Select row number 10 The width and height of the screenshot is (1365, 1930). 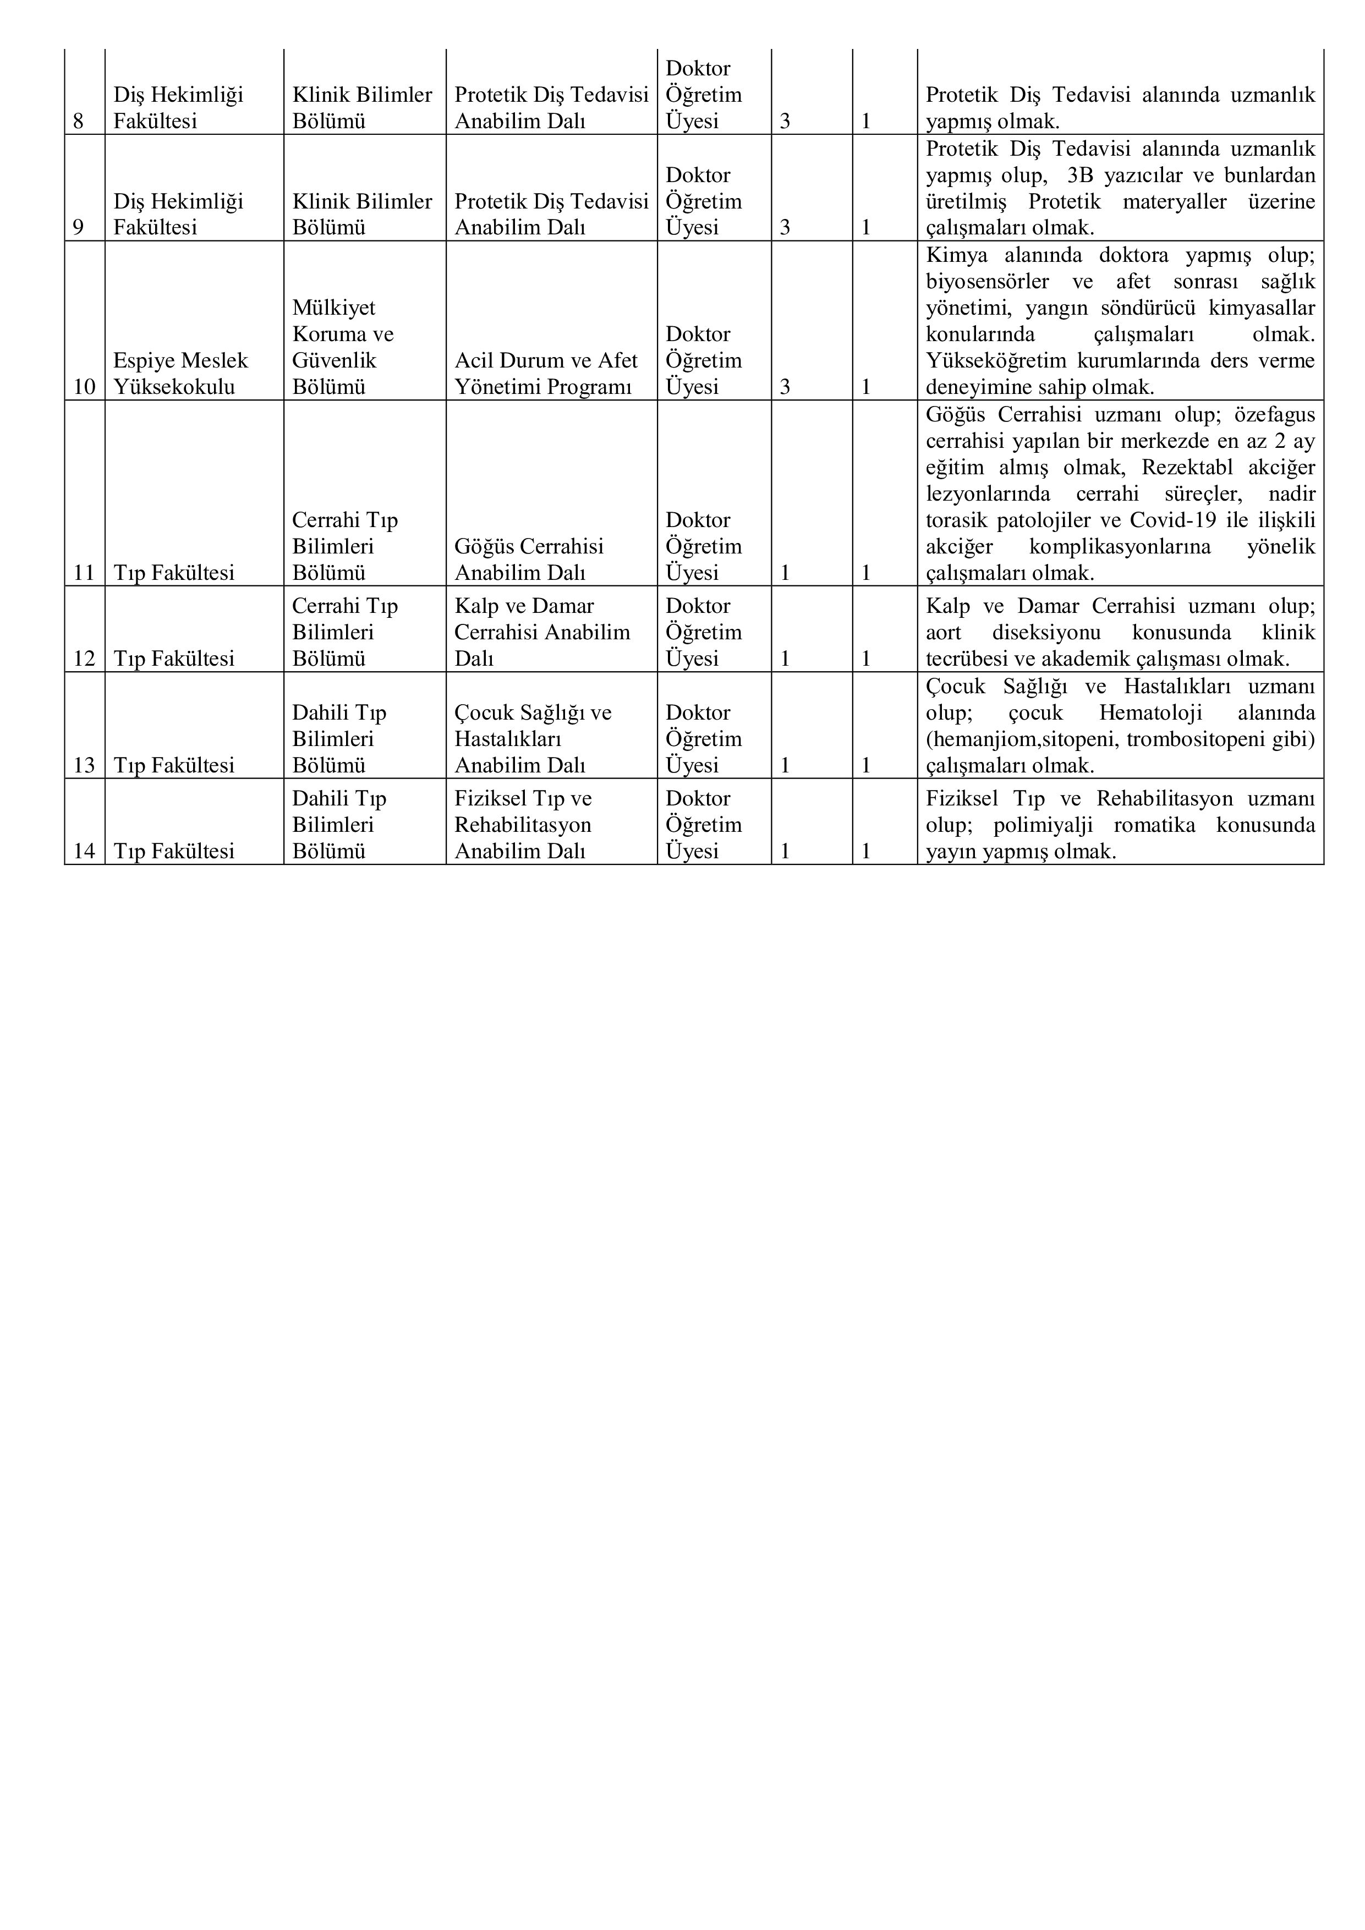pos(84,387)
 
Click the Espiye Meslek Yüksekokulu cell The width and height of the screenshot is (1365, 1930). pos(180,373)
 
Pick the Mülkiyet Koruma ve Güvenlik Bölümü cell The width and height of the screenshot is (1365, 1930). pos(343,347)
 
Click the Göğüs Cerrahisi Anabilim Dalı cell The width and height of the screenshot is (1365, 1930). pos(529,559)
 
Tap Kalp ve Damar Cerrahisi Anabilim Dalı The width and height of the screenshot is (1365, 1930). pos(542,632)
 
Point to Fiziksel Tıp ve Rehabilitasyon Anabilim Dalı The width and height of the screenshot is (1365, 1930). pos(523,825)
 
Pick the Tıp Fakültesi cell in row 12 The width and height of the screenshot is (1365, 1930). pos(174,658)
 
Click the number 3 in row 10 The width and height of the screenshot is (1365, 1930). pos(785,387)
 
